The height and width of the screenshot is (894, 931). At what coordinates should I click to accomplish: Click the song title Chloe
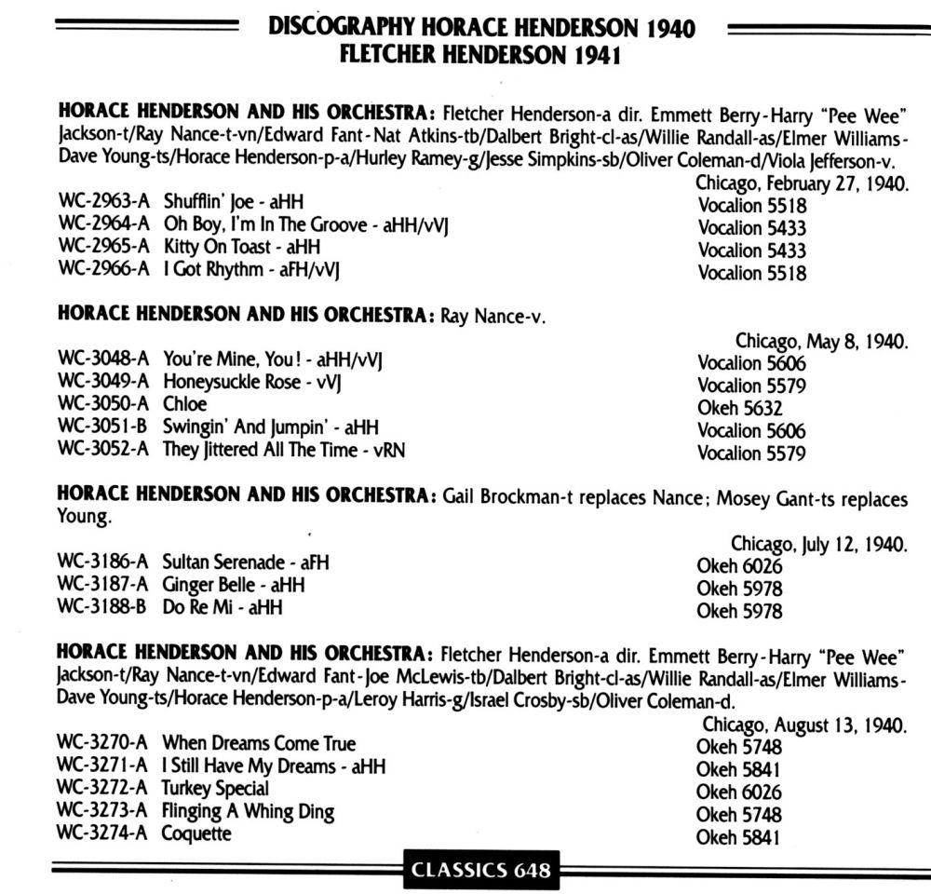[184, 405]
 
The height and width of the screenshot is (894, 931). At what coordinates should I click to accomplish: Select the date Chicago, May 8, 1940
[821, 341]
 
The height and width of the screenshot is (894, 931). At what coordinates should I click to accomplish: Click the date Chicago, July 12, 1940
[819, 543]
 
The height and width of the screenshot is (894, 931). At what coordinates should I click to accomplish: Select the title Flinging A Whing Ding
[248, 811]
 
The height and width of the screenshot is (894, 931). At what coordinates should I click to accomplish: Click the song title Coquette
[196, 833]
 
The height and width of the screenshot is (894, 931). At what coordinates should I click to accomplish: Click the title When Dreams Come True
[259, 743]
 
